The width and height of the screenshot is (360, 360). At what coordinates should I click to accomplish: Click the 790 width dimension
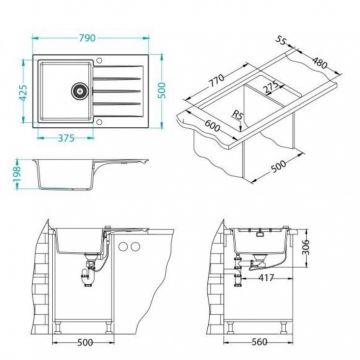point(87,38)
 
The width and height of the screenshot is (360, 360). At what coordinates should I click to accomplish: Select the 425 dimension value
point(23,93)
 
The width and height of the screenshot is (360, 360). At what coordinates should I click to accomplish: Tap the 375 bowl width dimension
point(66,138)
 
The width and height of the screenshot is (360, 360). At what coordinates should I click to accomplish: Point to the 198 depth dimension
point(18,174)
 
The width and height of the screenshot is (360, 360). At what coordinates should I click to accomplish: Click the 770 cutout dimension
point(217,80)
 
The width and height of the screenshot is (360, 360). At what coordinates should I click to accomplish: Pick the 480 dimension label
point(320,63)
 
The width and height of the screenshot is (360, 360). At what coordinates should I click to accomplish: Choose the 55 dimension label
point(281,40)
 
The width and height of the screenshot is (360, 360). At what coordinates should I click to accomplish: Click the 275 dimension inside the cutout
point(270,87)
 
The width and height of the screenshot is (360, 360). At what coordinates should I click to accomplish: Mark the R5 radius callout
point(237,115)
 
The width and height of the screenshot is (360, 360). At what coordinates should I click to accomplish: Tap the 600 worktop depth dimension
point(212,125)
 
